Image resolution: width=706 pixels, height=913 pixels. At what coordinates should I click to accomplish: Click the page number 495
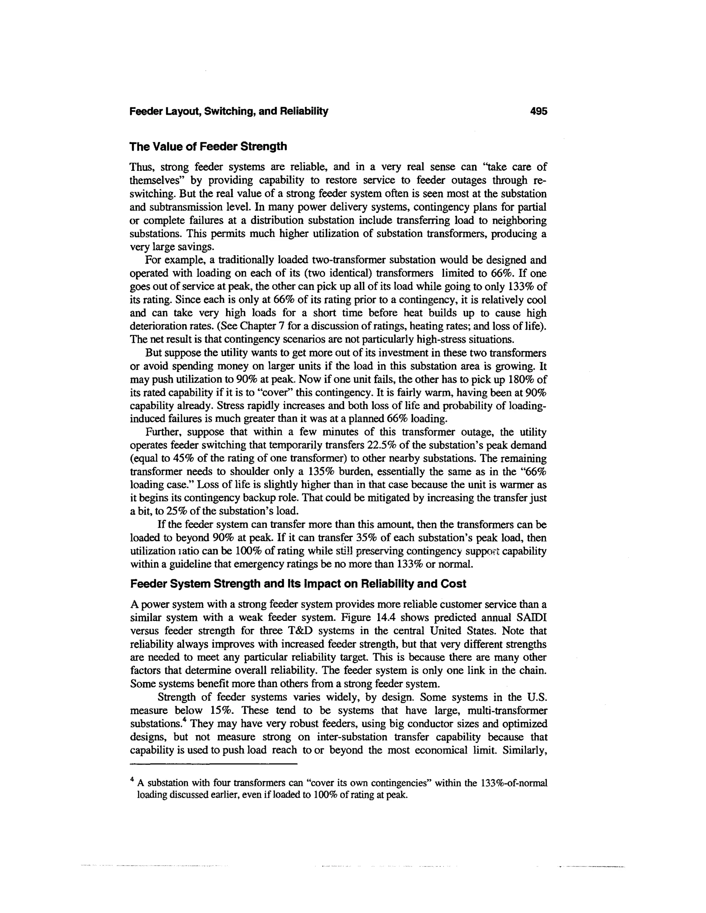[538, 112]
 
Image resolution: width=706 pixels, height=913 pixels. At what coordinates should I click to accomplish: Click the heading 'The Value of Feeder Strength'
[208, 147]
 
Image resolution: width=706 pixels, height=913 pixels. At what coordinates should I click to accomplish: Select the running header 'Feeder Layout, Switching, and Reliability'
[229, 112]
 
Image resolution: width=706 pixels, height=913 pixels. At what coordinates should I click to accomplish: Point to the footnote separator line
[213, 764]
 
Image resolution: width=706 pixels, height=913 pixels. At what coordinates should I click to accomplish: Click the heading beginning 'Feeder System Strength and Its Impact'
[298, 584]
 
